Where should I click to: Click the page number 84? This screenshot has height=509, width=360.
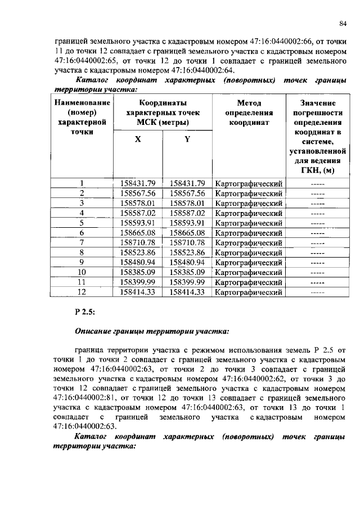point(343,23)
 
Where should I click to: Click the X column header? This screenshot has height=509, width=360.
point(138,140)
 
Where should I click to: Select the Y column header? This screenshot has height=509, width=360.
point(187,140)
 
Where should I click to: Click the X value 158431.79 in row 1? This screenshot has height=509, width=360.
point(138,183)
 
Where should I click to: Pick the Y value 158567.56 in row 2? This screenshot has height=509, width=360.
point(187,193)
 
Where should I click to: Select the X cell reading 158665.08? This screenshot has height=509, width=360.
point(138,232)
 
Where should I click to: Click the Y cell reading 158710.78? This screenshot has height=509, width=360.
point(187,242)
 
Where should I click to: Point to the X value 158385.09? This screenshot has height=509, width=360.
point(138,272)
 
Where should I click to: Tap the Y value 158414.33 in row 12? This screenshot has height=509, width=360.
point(187,292)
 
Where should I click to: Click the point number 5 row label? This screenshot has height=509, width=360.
point(82,223)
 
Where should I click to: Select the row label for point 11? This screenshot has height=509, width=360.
point(82,282)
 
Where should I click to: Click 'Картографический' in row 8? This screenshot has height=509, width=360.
point(249,252)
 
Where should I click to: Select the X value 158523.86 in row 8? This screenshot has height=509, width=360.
point(138,252)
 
